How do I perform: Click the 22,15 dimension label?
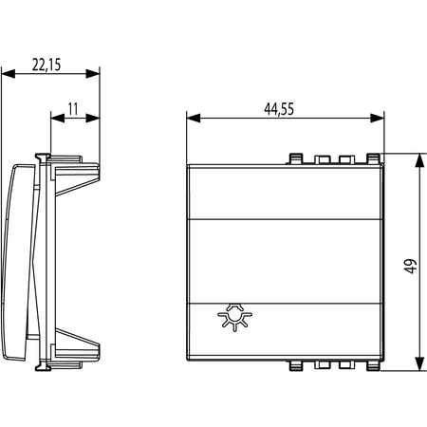click(46, 65)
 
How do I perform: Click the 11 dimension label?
click(73, 109)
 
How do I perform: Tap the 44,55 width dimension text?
click(279, 109)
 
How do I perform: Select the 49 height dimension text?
click(410, 267)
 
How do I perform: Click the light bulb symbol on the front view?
click(234, 317)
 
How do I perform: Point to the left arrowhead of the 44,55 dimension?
click(194, 119)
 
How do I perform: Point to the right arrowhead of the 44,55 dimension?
click(378, 119)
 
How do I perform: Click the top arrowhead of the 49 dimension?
click(419, 160)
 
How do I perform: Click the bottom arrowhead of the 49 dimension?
click(419, 363)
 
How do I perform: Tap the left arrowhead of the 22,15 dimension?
click(9, 74)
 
